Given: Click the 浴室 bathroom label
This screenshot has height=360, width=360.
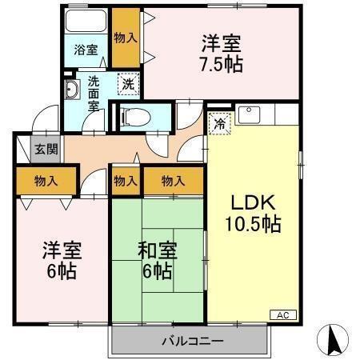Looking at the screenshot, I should click(86, 50).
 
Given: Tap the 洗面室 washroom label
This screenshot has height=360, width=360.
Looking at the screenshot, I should click(94, 93).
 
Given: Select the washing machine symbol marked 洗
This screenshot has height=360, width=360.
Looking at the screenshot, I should click(126, 83).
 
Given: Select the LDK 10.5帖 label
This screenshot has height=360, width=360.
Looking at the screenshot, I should click(256, 213).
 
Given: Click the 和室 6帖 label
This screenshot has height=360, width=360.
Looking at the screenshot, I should click(158, 261).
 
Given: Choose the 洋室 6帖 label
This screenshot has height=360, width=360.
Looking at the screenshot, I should click(59, 261).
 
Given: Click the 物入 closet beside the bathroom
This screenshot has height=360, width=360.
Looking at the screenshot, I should click(125, 37).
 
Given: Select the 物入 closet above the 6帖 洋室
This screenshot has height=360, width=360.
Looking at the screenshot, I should click(46, 180).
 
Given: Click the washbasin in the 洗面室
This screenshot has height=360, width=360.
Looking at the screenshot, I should click(71, 90).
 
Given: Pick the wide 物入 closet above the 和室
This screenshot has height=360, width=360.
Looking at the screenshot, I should click(174, 181).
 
